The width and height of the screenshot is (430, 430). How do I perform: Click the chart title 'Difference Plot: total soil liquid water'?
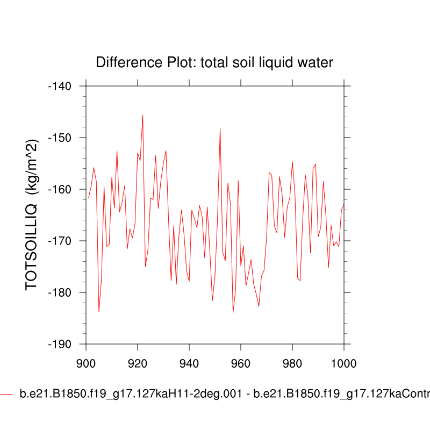tap(214, 62)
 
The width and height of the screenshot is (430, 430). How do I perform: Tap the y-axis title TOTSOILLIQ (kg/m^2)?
tap(33, 214)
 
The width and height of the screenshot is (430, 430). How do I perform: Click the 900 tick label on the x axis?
tap(86, 363)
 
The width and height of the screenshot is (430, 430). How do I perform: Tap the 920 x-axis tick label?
tap(138, 363)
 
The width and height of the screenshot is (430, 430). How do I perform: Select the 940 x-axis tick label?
tap(189, 363)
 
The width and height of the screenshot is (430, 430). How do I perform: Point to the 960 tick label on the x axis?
tap(241, 363)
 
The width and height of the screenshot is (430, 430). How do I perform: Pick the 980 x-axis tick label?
tap(292, 363)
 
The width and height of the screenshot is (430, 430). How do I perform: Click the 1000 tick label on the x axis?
tap(342, 363)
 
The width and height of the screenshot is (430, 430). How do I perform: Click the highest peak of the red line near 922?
tap(142, 115)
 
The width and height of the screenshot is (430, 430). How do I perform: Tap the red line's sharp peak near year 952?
tap(220, 128)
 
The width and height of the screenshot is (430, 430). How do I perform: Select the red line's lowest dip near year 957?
tap(233, 312)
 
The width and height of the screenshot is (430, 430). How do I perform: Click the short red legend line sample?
tap(6, 394)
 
